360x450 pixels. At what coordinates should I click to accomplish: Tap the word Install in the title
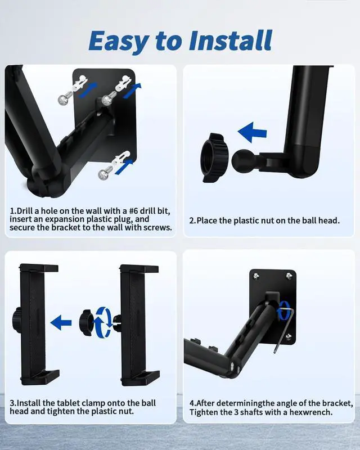click(x=231, y=40)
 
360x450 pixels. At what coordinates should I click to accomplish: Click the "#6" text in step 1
click(x=133, y=211)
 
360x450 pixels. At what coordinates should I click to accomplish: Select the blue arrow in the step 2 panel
click(x=253, y=132)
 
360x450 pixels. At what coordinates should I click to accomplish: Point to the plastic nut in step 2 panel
click(x=214, y=157)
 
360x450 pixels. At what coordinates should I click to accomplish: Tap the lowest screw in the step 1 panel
click(x=103, y=173)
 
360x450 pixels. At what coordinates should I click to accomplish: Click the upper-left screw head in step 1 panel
click(x=64, y=99)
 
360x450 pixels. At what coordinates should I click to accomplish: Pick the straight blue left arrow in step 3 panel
click(x=61, y=322)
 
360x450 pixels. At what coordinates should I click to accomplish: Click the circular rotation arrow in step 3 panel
click(x=103, y=322)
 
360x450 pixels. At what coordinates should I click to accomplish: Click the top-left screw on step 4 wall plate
click(x=256, y=276)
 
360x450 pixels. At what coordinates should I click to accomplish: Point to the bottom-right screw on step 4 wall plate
click(x=289, y=336)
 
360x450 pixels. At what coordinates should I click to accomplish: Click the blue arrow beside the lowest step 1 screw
click(x=124, y=166)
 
